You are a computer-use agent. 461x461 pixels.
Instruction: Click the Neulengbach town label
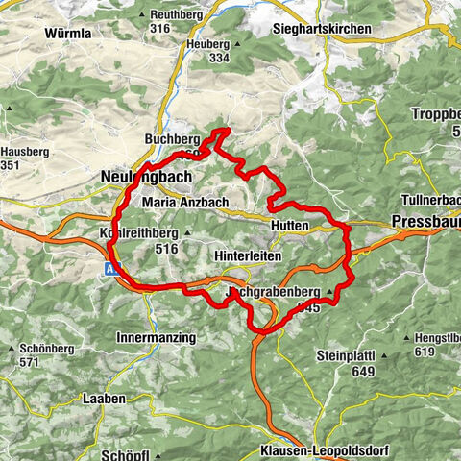pos(146,178)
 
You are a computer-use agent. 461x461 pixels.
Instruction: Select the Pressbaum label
pos(425,222)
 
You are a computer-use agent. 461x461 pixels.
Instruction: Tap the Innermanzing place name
pos(156,338)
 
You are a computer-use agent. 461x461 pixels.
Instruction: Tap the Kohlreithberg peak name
pos(139,232)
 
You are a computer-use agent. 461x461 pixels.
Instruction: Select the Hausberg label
pos(21,151)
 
